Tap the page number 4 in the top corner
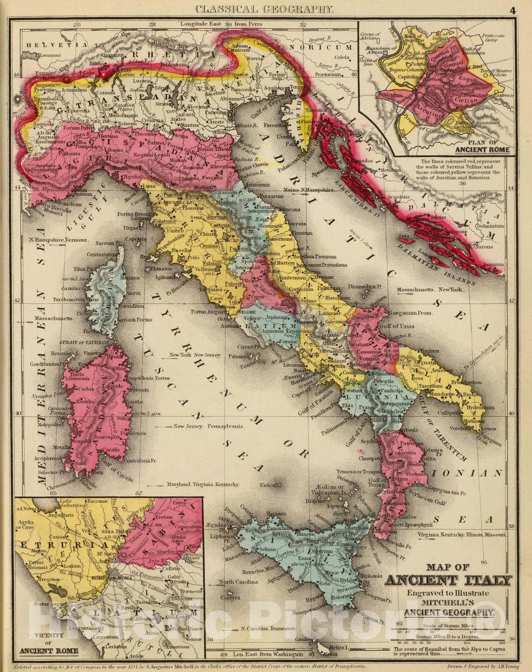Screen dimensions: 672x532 click(512, 9)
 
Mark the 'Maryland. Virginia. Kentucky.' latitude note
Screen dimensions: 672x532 click(207, 484)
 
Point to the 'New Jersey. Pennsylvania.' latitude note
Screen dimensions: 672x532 click(208, 426)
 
